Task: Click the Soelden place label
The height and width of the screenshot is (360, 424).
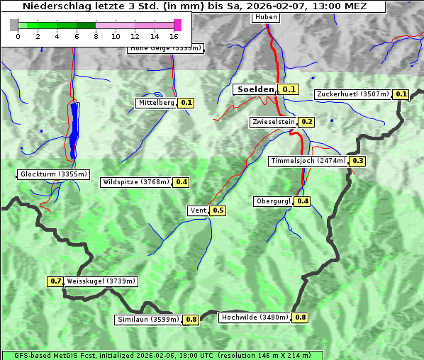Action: pos(255,89)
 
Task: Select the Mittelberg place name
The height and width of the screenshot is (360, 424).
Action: pos(156,103)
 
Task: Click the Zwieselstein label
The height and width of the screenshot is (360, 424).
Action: pos(272,122)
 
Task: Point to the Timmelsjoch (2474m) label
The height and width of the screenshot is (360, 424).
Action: pos(308,161)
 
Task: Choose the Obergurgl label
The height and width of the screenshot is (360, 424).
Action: pos(273,201)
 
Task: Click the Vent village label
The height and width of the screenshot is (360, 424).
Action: pos(198,210)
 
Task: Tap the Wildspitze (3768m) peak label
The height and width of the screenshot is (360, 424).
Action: pos(136,182)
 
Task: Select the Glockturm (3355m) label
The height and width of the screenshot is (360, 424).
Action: pos(54,174)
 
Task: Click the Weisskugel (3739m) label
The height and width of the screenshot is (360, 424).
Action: pos(101,281)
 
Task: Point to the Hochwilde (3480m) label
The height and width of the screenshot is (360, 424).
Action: pos(255,317)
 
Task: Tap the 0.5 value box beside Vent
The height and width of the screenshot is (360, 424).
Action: pos(218,210)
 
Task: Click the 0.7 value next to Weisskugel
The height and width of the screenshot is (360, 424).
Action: pos(55,281)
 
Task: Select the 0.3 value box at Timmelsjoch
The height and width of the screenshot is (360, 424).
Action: pos(357,161)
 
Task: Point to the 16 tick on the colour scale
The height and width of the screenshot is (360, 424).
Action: pos(174,36)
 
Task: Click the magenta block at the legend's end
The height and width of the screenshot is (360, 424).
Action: pos(177,26)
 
